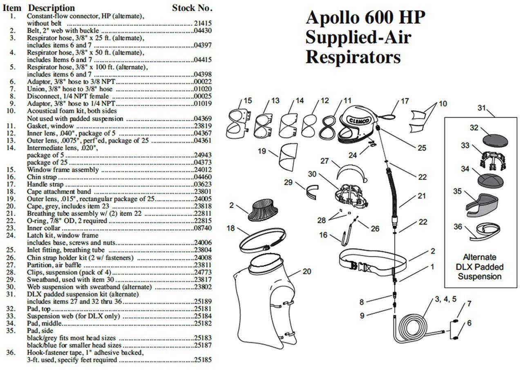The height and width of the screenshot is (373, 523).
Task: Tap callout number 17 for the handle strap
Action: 405,101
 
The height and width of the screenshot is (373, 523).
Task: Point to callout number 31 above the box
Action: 482,108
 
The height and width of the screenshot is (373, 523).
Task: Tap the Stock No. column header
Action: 192,8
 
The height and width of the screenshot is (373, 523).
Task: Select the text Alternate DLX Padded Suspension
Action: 479,267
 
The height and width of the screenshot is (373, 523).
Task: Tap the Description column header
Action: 51,8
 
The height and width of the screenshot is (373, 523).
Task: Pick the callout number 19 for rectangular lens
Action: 262,151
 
